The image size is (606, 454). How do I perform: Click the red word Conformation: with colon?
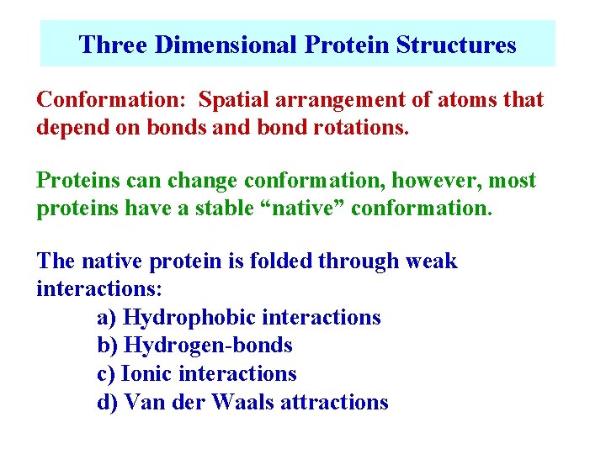(114, 100)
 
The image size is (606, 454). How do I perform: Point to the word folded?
(273, 261)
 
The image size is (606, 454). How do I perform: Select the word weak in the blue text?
(430, 261)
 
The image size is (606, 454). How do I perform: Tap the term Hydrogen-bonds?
(208, 346)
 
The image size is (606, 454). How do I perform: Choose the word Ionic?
(147, 373)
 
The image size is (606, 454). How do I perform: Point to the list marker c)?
(107, 373)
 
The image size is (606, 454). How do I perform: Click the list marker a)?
(107, 318)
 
